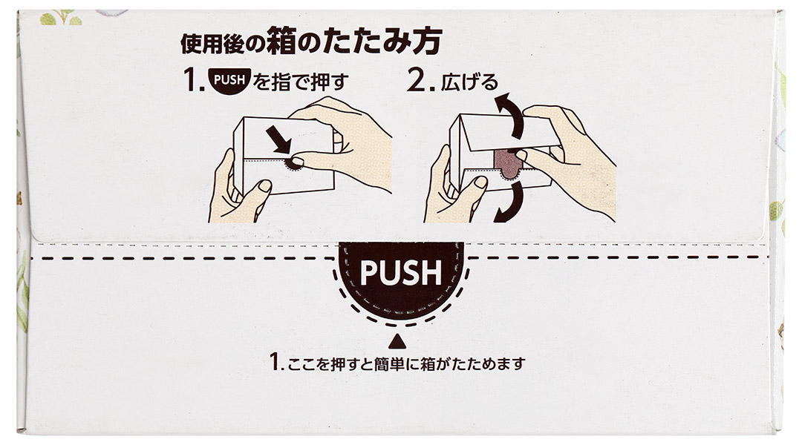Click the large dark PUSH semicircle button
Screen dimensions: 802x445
coord(401,279)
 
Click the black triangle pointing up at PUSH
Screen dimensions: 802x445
coord(397,340)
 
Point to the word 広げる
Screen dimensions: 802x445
coord(469,82)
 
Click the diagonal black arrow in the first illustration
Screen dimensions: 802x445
coord(279,140)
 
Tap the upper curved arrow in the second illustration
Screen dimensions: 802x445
coord(511,115)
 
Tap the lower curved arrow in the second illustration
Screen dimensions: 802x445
coord(510,202)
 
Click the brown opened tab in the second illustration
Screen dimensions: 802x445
coord(509,163)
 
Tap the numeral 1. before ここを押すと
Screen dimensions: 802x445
coord(276,362)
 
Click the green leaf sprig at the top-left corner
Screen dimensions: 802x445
coord(61,19)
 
